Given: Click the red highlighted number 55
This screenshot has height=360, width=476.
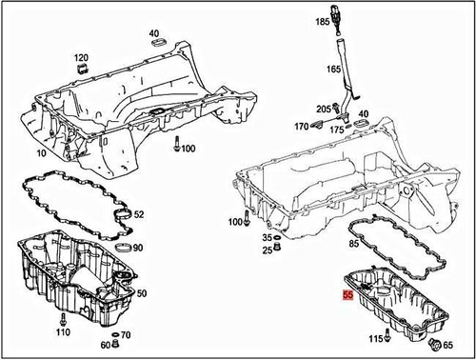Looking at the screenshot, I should click(347, 296).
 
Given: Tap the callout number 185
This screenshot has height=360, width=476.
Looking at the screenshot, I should click(323, 20).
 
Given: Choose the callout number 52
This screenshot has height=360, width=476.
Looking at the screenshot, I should click(139, 214).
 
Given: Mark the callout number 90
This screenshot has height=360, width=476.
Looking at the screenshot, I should click(138, 248).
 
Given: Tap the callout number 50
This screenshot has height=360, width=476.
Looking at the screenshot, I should click(142, 293).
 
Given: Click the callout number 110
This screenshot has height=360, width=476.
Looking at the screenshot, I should click(63, 332).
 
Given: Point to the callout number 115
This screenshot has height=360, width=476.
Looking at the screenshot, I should click(377, 339).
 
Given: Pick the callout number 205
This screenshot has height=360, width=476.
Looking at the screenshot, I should click(323, 109).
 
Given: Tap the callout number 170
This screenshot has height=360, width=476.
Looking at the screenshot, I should click(302, 126).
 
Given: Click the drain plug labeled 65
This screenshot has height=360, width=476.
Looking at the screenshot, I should click(433, 344).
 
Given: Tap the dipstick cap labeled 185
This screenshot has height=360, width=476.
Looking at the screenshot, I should click(338, 21).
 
